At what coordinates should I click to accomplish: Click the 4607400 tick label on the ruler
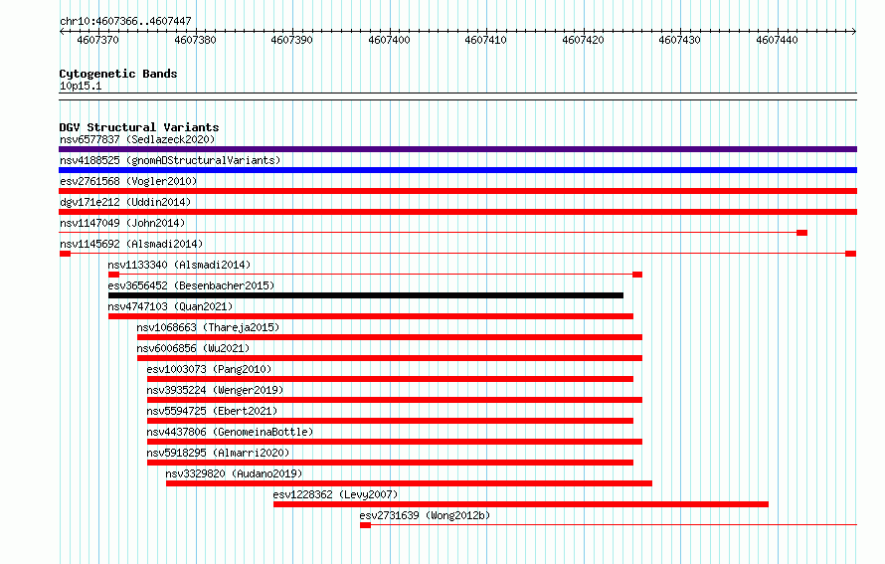tap(389, 40)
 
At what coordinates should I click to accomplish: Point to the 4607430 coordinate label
tap(679, 40)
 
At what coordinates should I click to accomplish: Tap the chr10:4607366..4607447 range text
tap(126, 22)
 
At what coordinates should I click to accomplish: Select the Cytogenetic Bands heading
tap(118, 74)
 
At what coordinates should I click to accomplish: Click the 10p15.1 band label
tap(81, 86)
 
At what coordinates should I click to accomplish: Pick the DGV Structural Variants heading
tap(139, 127)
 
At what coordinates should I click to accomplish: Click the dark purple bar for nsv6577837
tap(457, 149)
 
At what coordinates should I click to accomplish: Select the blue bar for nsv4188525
tap(457, 170)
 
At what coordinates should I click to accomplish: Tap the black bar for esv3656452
tap(366, 295)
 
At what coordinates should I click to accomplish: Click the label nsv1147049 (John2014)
tap(122, 223)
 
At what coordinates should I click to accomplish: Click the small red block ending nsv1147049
tap(802, 233)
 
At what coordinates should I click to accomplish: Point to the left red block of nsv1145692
tap(65, 254)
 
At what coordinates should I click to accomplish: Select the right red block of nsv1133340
tap(637, 275)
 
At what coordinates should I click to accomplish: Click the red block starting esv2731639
tap(365, 525)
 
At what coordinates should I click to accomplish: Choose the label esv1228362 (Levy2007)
tap(335, 494)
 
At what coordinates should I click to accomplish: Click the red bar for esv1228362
tap(521, 504)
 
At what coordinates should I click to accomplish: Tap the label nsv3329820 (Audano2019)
tap(234, 473)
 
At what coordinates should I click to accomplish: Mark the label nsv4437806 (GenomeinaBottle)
tap(230, 432)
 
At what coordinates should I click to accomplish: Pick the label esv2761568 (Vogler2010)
tap(128, 181)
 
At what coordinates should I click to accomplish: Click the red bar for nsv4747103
tap(371, 316)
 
